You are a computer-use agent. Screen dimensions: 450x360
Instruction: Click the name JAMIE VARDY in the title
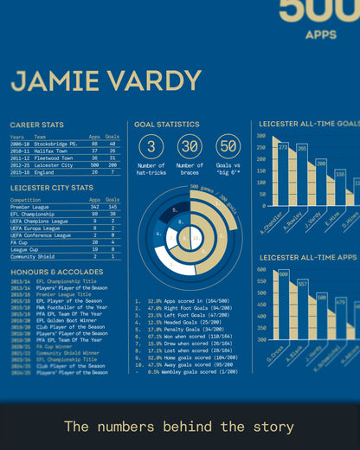tap(106, 80)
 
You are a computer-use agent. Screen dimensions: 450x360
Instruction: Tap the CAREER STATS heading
tap(36, 125)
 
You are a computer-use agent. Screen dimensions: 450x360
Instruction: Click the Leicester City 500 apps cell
tap(94, 164)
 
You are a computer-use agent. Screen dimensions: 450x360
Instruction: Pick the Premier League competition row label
tap(31, 207)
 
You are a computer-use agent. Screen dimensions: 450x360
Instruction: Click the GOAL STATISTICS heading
tap(166, 125)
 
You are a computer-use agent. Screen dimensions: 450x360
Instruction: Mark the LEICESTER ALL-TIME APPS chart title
tap(308, 257)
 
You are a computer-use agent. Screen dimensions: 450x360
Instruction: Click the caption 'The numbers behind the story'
tap(179, 427)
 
